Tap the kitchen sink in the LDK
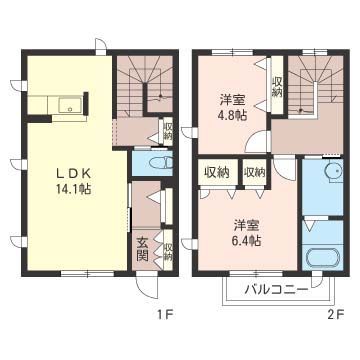(x=67, y=104)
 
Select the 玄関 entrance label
(x=142, y=248)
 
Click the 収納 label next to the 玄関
(x=168, y=250)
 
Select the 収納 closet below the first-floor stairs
(x=167, y=131)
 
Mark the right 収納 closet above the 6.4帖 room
(x=254, y=172)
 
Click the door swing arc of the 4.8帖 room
(x=258, y=141)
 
